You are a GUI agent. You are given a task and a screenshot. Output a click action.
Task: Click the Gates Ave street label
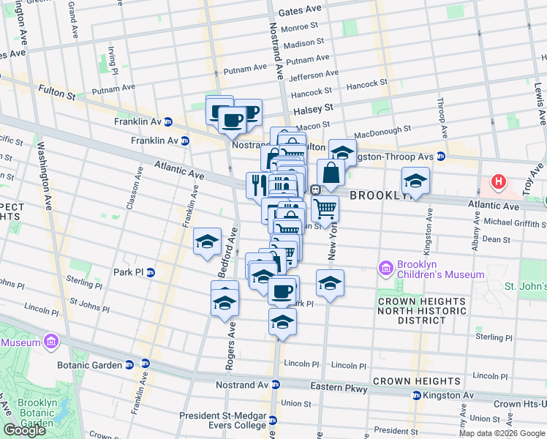click(x=300, y=10)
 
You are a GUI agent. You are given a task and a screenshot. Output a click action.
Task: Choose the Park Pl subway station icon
click(x=150, y=273)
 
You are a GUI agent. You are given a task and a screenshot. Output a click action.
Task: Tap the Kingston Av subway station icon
click(x=416, y=395)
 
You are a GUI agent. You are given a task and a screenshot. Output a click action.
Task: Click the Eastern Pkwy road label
click(x=343, y=389)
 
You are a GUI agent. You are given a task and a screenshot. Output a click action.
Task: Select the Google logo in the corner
click(x=24, y=429)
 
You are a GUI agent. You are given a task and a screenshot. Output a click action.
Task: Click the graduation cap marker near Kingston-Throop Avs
click(x=342, y=151)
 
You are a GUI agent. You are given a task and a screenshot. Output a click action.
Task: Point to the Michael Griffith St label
click(x=510, y=221)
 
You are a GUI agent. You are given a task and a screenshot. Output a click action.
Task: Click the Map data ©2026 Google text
click(x=501, y=433)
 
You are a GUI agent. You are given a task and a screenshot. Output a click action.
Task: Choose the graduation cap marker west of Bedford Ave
click(x=207, y=241)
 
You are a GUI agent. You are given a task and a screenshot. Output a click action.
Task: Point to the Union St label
click(x=296, y=403)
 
